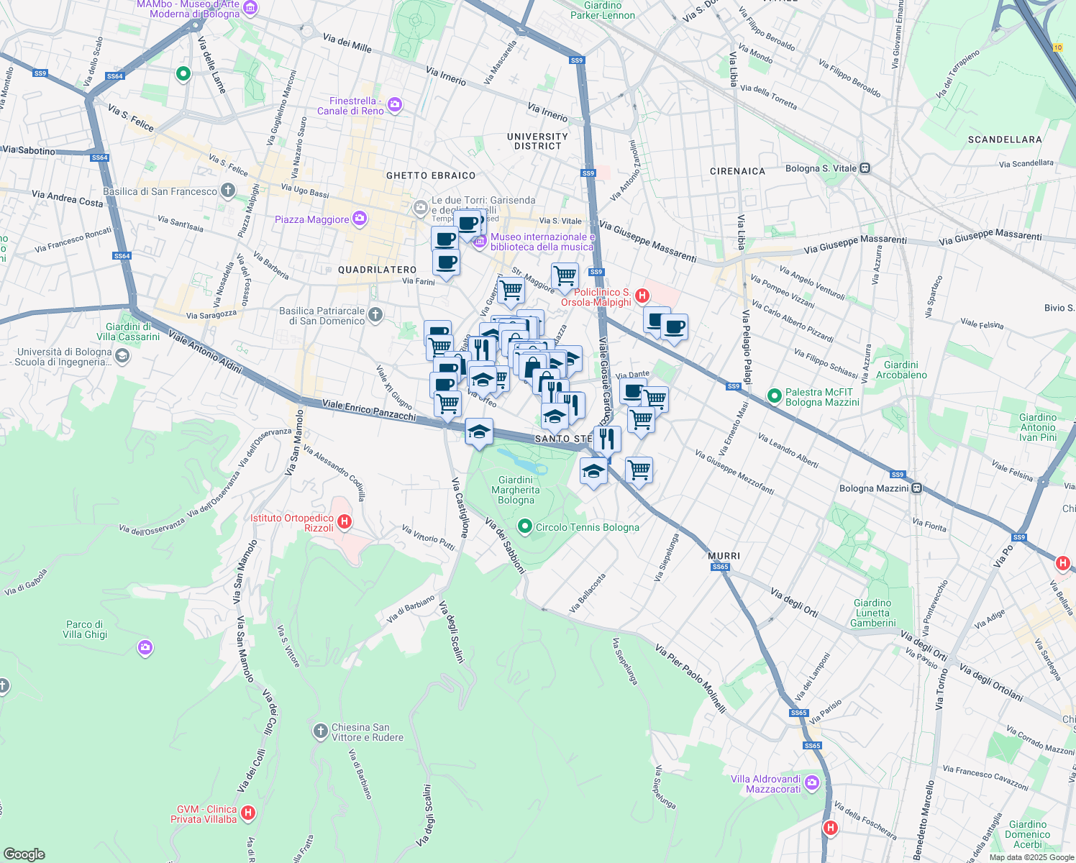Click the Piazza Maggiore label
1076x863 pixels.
click(311, 219)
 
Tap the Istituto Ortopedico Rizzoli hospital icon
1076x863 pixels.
click(345, 522)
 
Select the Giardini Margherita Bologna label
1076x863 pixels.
click(516, 490)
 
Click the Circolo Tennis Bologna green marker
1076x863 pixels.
click(525, 527)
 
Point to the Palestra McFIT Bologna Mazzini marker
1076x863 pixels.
click(774, 396)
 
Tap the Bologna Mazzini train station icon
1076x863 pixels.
click(916, 488)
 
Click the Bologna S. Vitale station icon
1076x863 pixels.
click(865, 168)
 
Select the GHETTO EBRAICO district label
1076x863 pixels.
click(431, 175)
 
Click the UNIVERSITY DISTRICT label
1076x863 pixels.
click(537, 141)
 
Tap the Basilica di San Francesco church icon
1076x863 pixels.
click(228, 191)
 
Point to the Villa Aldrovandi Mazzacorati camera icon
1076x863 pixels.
click(812, 782)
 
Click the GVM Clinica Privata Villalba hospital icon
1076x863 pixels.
click(248, 813)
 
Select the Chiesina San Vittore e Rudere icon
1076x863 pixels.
click(321, 731)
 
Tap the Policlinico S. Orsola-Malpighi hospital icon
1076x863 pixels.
click(642, 296)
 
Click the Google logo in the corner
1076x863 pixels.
click(24, 854)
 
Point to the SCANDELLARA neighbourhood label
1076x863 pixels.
click(1004, 140)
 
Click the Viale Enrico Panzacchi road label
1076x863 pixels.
click(369, 410)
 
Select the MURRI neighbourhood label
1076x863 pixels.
click(724, 556)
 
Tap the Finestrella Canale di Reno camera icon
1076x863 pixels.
click(395, 106)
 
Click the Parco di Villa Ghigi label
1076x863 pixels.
click(85, 629)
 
